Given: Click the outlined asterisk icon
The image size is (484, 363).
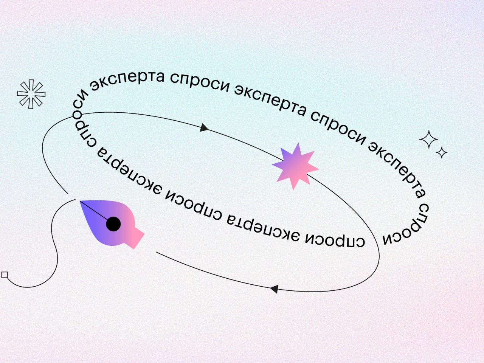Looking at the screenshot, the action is (31, 94).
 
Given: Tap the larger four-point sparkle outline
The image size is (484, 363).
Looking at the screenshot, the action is (428, 139).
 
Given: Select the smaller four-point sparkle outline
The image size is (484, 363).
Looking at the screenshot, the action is (441, 152).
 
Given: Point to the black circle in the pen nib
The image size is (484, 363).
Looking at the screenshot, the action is (113, 224).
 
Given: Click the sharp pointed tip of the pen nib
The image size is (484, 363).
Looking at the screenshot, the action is (80, 201).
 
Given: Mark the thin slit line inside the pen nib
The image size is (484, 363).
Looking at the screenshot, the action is (94, 211).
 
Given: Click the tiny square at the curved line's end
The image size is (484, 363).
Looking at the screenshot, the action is (5, 275).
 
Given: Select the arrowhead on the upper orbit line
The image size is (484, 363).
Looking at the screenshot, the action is (204, 127).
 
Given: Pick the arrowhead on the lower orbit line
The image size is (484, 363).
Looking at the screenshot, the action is (274, 289).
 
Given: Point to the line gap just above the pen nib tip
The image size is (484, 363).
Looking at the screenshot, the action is (72, 197).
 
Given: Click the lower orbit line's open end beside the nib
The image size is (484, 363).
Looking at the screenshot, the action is (156, 252).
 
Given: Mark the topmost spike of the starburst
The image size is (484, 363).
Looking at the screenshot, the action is (298, 143).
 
